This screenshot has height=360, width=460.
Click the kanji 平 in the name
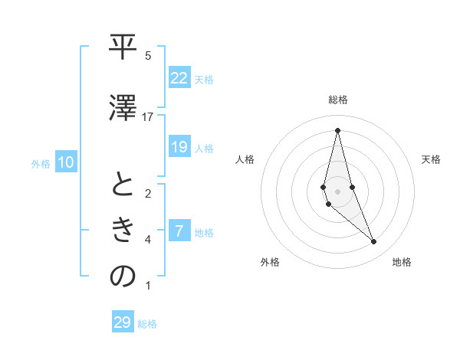(x=123, y=49)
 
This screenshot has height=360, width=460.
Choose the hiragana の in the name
(x=123, y=277)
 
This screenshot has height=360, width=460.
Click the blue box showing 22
(x=179, y=78)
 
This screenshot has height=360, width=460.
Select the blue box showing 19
(x=179, y=147)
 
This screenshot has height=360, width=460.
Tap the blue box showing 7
(x=179, y=231)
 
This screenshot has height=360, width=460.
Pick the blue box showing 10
(x=66, y=162)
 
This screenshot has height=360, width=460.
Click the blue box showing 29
(x=123, y=322)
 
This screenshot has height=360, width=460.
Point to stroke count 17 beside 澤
(x=148, y=116)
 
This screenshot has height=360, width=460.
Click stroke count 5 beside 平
(x=148, y=56)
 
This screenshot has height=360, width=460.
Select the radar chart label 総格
(x=338, y=100)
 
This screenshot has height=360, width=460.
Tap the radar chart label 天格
(x=432, y=159)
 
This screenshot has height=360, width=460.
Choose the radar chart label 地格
(x=402, y=262)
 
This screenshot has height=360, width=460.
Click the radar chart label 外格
(x=270, y=262)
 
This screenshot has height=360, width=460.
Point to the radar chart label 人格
(x=245, y=159)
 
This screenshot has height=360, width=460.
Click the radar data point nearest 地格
(x=374, y=242)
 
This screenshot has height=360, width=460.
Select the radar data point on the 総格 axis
(x=337, y=129)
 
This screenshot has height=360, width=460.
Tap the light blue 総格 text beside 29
(x=147, y=324)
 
